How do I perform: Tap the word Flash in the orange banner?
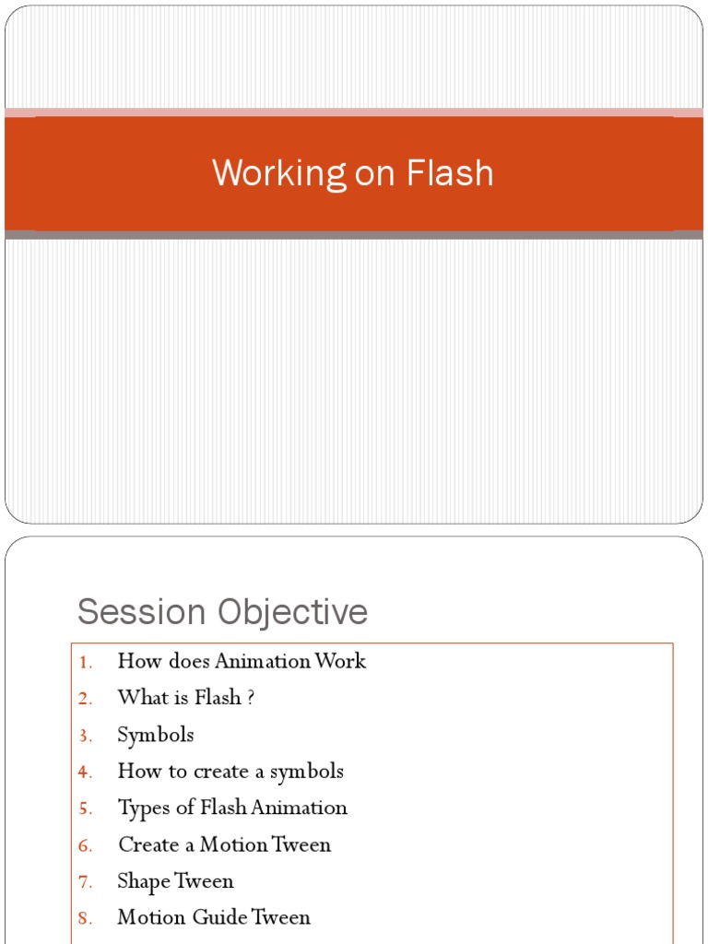pos(453,173)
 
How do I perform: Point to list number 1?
pos(86,662)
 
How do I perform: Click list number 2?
pos(86,699)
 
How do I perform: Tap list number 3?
pos(86,736)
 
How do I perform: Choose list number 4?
pos(86,772)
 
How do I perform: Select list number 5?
pos(86,808)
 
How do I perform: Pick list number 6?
pos(86,845)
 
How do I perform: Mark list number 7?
pos(86,881)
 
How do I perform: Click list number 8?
pos(86,918)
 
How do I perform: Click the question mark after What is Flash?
pos(250,698)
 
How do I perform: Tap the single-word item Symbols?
pos(156,735)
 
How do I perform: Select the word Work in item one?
pos(340,661)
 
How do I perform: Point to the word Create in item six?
pos(147,844)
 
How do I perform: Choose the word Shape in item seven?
pos(144,881)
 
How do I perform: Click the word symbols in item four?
pos(307,772)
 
